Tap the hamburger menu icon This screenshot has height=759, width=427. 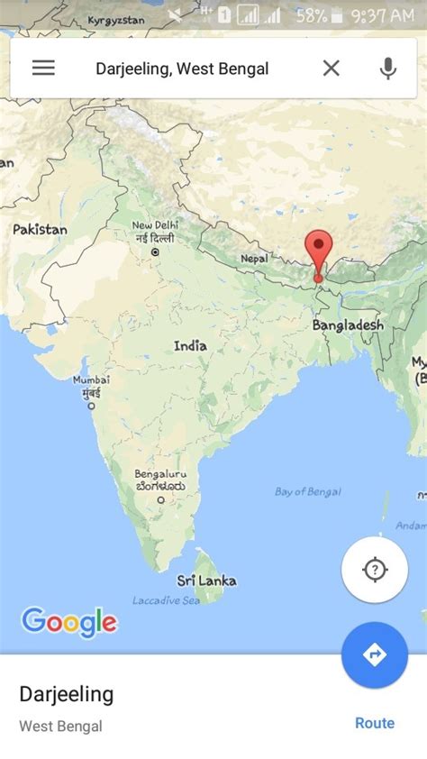[43, 68]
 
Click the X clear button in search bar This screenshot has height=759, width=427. [332, 68]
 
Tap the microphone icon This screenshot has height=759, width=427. [388, 68]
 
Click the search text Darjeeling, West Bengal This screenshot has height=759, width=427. [182, 69]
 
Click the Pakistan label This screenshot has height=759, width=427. [40, 230]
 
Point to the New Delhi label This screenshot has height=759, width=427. [155, 225]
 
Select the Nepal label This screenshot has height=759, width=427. [254, 259]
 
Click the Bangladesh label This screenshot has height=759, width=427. [348, 325]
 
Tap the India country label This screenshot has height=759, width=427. [190, 345]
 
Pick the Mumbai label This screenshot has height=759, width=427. [92, 380]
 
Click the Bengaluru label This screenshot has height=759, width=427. [160, 474]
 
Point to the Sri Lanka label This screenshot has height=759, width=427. [206, 581]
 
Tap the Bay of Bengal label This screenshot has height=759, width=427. [307, 491]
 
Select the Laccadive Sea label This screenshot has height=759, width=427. [166, 600]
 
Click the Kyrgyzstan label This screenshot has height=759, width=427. [116, 20]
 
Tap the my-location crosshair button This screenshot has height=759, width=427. [374, 570]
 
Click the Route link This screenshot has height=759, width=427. [375, 723]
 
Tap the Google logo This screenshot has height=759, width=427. [69, 621]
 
